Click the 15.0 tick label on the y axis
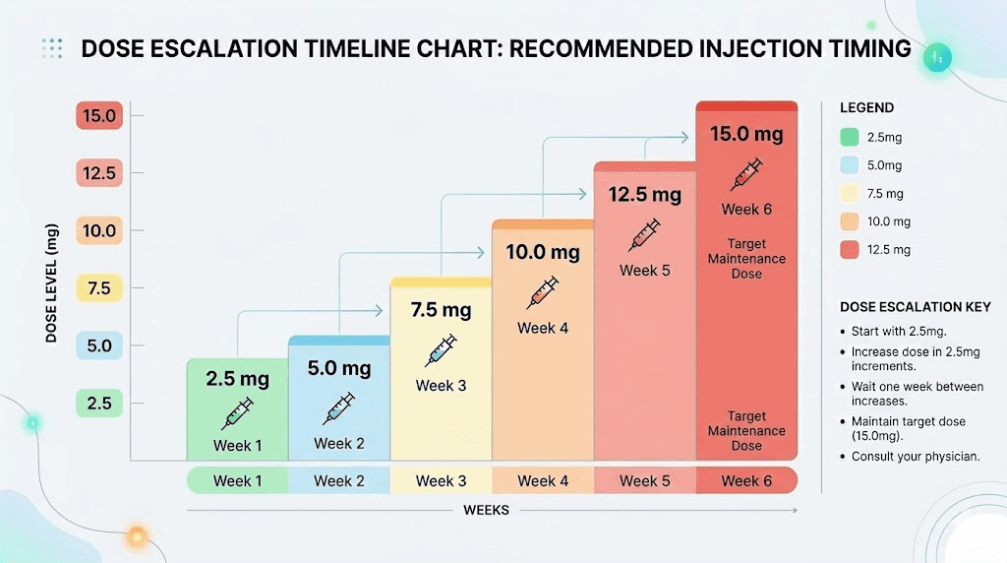tap(98, 116)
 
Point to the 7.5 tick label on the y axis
tap(98, 288)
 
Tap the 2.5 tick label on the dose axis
tap(98, 403)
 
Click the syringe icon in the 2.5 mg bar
tap(237, 411)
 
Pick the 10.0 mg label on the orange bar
tap(543, 252)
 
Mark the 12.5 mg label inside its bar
tap(644, 194)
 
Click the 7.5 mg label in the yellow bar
tap(441, 310)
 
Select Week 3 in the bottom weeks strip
tap(441, 480)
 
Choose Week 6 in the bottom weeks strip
tap(746, 480)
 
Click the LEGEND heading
tap(867, 107)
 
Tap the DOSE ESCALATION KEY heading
tap(916, 306)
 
